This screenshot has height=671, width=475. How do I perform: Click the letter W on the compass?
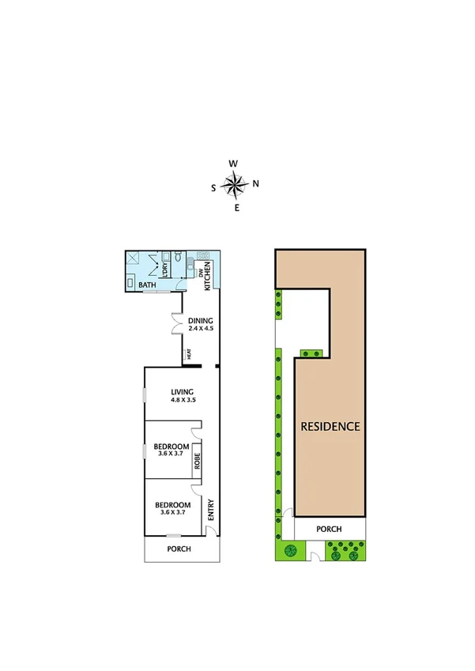tap(233, 164)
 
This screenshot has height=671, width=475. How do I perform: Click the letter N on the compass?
tap(255, 184)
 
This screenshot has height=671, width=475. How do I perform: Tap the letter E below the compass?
tap(236, 208)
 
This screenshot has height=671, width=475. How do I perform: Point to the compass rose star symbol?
tap(234, 186)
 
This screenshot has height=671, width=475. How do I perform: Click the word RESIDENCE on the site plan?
tap(330, 426)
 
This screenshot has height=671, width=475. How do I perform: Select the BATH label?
tap(147, 285)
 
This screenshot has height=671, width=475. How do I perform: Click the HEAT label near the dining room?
tap(189, 356)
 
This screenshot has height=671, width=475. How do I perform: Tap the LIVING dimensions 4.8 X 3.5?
tap(183, 401)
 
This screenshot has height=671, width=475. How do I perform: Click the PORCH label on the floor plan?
tap(179, 549)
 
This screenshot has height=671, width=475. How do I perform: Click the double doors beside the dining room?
tap(177, 325)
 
